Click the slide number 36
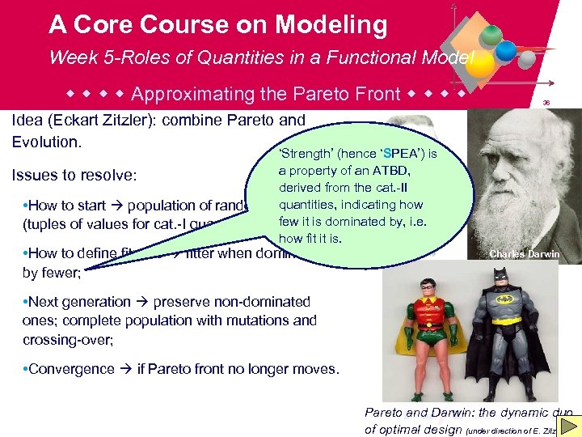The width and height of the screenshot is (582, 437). (546, 103)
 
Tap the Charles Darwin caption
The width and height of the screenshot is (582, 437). (524, 254)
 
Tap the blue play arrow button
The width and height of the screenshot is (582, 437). (568, 426)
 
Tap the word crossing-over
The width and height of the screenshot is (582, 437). (68, 341)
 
